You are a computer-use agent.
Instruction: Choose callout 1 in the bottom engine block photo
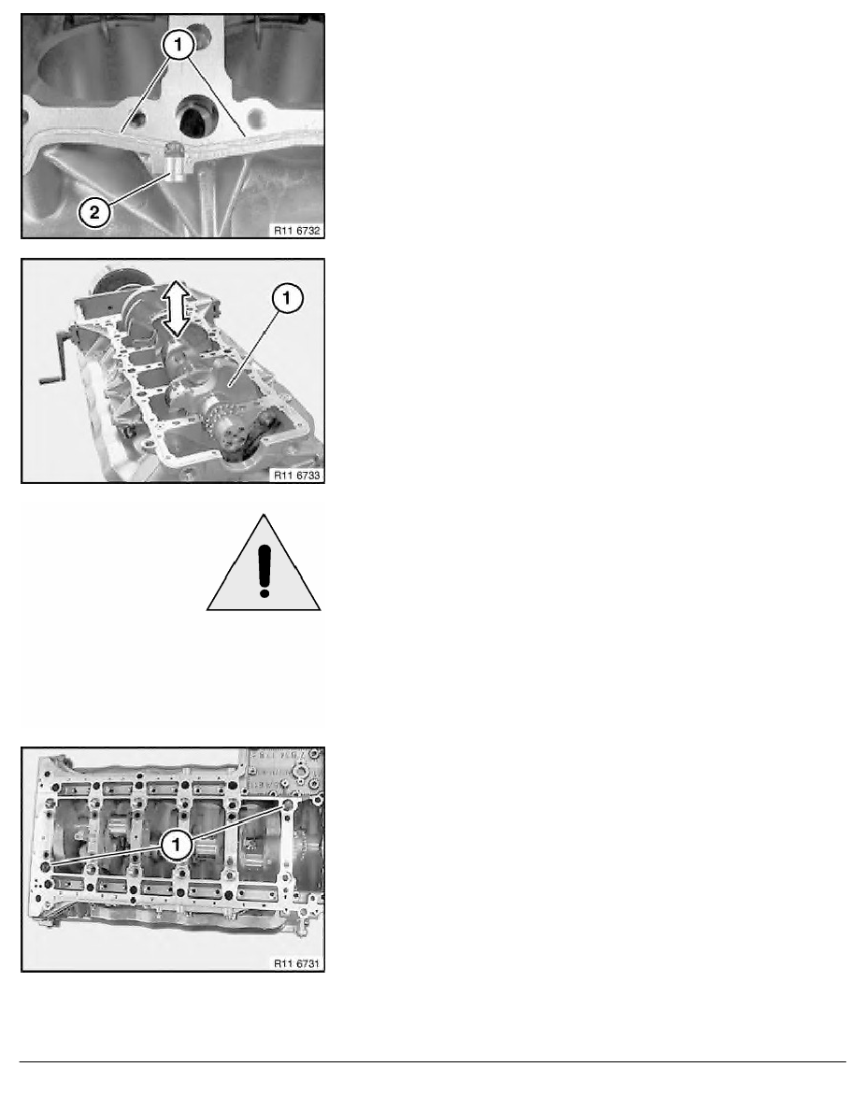[174, 846]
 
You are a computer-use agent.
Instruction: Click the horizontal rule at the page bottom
[429, 1061]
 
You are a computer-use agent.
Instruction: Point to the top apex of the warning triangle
[265, 513]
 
